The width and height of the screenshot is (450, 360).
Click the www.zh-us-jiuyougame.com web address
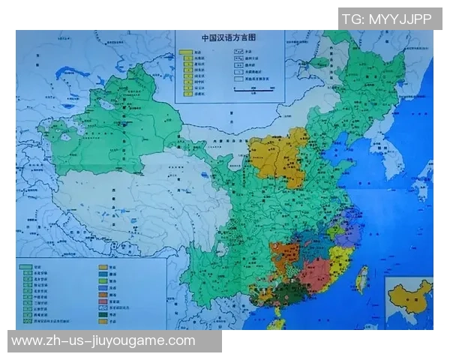tap(103, 341)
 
